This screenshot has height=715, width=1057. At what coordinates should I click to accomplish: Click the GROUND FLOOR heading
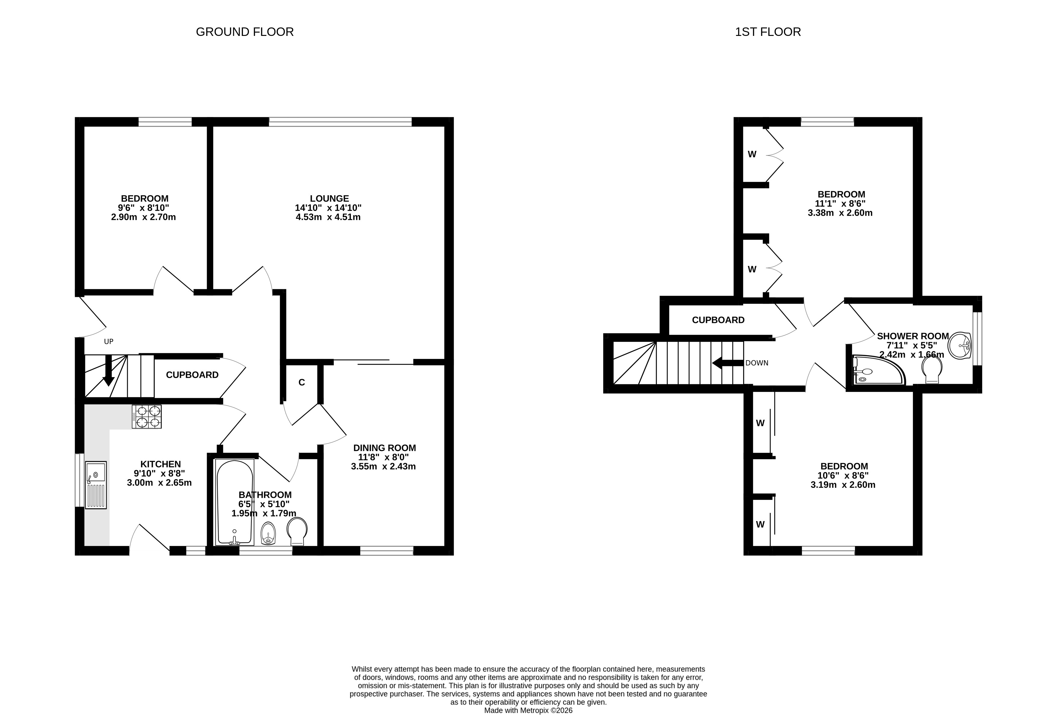click(x=245, y=32)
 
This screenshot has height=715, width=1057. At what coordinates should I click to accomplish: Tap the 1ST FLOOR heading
click(x=768, y=32)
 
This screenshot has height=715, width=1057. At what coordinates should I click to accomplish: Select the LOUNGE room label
click(x=329, y=199)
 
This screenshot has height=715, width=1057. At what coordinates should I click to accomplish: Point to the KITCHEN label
click(x=161, y=464)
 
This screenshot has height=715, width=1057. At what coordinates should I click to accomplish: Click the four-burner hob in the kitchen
click(x=146, y=416)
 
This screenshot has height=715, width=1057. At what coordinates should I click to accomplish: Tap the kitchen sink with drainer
click(x=96, y=485)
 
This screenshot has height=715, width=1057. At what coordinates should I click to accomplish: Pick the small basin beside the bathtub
click(x=268, y=533)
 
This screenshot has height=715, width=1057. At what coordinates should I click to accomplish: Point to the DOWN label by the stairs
click(x=757, y=363)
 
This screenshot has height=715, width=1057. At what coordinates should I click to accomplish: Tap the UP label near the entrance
click(x=109, y=341)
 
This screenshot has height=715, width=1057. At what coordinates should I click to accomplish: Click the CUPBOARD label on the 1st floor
click(x=718, y=320)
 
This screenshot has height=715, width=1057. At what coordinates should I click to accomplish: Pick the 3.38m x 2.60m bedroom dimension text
click(x=840, y=213)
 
